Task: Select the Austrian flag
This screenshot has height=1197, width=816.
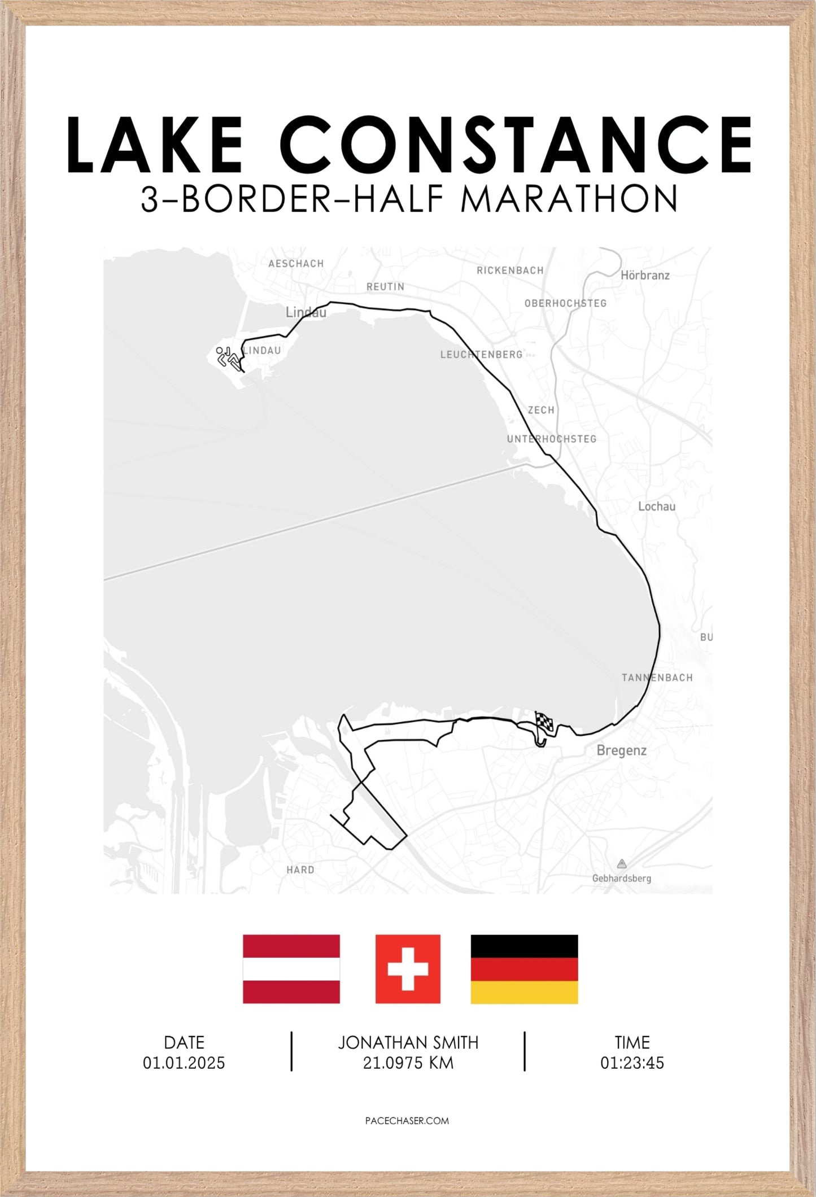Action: click(291, 969)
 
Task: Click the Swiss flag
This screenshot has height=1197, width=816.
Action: click(408, 969)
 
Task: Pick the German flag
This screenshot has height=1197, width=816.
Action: click(524, 969)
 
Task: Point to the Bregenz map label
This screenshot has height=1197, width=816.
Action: click(621, 750)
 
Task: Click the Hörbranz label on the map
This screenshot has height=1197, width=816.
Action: click(645, 276)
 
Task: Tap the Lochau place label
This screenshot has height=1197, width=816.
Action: click(656, 506)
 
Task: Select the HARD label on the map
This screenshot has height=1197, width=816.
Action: click(300, 870)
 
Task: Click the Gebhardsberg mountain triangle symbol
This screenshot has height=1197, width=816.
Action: click(622, 863)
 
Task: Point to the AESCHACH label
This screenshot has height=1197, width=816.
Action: click(296, 264)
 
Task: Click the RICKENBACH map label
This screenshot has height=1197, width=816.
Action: click(510, 270)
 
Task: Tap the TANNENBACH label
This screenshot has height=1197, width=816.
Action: click(657, 678)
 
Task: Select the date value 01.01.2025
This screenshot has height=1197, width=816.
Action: click(184, 1063)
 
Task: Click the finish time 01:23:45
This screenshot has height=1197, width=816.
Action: click(632, 1063)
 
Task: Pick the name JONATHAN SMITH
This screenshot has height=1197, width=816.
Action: click(408, 1042)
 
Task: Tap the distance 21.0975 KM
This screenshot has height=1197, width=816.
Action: click(408, 1063)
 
